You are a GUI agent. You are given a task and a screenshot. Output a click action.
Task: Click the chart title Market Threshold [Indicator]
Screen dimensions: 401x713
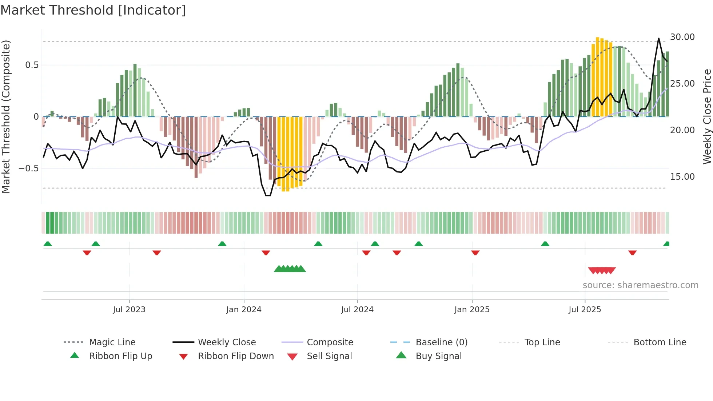coord(93,10)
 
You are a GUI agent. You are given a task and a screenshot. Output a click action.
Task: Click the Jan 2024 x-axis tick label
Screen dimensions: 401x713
coord(244,310)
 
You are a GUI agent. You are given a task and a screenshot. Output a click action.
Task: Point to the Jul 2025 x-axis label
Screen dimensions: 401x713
coord(585,310)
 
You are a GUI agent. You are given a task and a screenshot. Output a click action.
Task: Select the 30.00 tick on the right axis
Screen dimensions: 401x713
coord(682,37)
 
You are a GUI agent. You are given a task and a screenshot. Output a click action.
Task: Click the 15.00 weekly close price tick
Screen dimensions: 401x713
coord(682,177)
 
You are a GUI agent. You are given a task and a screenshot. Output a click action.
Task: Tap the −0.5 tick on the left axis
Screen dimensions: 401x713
coord(29,168)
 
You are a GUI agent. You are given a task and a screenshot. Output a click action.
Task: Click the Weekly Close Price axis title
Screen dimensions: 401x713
coord(707,116)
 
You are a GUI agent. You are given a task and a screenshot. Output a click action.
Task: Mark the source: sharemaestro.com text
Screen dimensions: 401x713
coord(640,285)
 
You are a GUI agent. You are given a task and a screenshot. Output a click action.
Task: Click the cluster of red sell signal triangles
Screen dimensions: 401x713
coord(602,270)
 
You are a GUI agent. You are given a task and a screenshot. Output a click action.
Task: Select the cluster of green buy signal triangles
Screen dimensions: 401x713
coord(290,269)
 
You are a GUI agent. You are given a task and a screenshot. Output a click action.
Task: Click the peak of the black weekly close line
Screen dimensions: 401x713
coord(658,38)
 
